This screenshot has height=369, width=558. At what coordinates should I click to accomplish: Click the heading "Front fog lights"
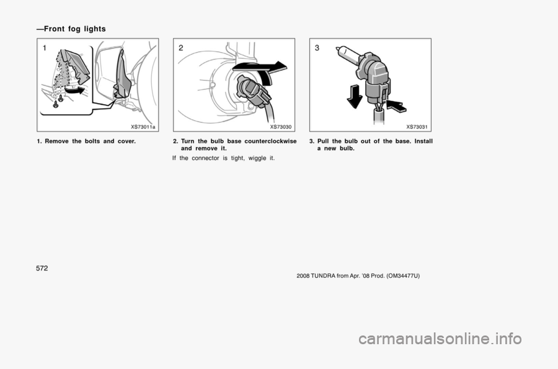coord(75,29)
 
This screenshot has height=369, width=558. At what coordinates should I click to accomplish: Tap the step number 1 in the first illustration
coord(45,48)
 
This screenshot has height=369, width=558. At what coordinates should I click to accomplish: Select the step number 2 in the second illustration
coord(181,48)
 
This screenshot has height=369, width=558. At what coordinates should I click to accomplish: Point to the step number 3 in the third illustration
coord(317,48)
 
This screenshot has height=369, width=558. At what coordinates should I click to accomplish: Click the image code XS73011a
coord(143,127)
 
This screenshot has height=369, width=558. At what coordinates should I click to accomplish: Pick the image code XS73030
coord(280,127)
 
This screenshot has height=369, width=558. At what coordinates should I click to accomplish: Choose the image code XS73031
coord(417,127)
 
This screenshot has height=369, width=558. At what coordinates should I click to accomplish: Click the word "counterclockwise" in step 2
coord(270,141)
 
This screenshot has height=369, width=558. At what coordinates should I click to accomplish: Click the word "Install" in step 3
coord(423,141)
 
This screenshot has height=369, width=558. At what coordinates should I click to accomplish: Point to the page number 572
coord(42,269)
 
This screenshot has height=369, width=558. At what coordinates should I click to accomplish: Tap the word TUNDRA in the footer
coord(321,276)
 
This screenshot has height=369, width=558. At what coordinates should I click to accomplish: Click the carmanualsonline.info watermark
coord(440,339)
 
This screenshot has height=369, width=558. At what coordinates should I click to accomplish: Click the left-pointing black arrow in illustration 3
coord(396,105)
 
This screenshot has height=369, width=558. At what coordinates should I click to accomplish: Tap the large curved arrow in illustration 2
coord(261,69)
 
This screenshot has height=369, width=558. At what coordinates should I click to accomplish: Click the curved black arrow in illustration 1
coord(75,91)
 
